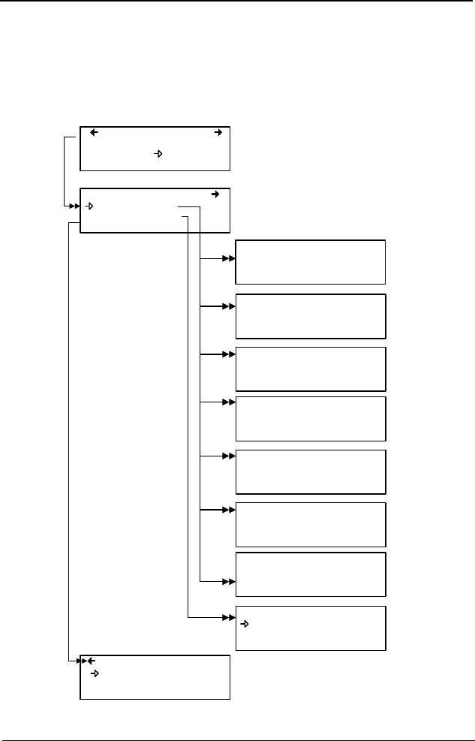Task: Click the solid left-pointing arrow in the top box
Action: click(x=95, y=133)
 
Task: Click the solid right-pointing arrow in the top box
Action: click(x=218, y=133)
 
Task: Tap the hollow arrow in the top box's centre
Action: click(x=158, y=154)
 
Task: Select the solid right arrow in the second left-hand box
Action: click(x=215, y=194)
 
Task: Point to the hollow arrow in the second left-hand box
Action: click(x=89, y=206)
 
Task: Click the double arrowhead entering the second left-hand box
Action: click(x=74, y=205)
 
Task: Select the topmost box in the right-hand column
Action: click(x=311, y=262)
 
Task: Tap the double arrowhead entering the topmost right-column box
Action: click(x=230, y=258)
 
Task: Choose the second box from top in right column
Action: click(x=311, y=316)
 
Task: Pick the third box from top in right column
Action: click(x=311, y=369)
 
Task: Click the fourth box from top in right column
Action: click(x=311, y=418)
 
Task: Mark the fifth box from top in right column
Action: click(x=311, y=471)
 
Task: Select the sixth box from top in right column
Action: click(x=311, y=524)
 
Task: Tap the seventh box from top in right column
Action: click(x=311, y=574)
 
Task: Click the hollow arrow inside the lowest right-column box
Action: click(x=245, y=623)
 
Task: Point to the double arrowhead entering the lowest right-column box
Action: click(x=230, y=618)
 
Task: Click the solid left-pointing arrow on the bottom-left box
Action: click(x=91, y=661)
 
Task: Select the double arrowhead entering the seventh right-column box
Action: click(x=230, y=582)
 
